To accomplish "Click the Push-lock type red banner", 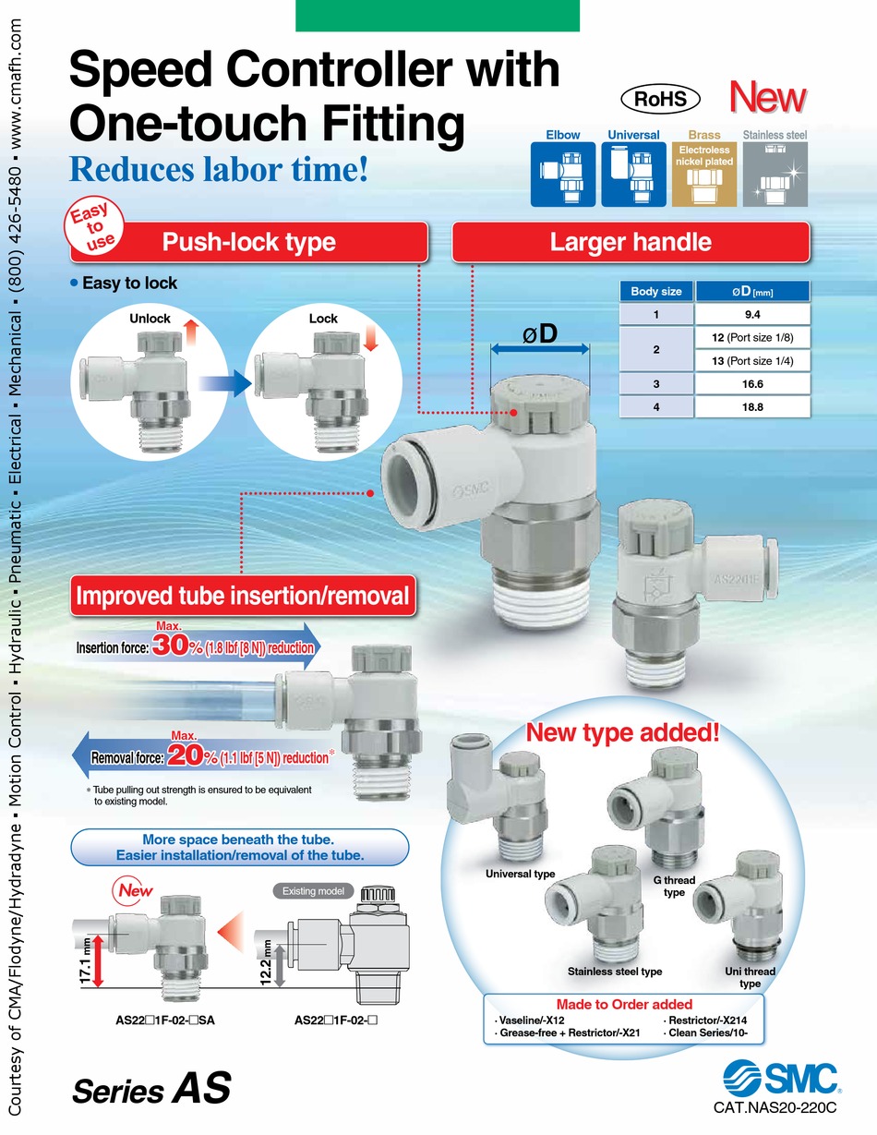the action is coord(248,243).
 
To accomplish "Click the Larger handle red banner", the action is coord(631,243).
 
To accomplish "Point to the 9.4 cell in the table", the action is coord(752,317).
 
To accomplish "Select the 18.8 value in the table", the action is coord(752,405).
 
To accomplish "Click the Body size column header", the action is coord(655,292).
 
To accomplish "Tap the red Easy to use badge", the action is coord(93,228).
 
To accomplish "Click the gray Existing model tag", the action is coord(312,890).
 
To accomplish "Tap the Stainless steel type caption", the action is coord(614,972).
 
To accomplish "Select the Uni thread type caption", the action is coord(751,977).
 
